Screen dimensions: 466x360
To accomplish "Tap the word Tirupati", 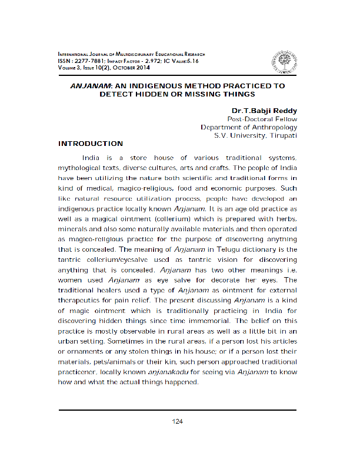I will click(x=284, y=135).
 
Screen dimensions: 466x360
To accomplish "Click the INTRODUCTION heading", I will click(x=91, y=144).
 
